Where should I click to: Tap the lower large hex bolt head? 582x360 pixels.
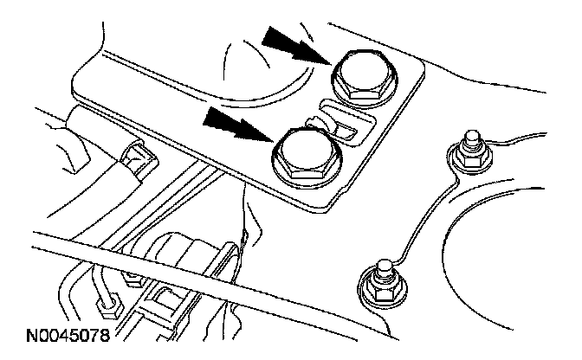[304, 153]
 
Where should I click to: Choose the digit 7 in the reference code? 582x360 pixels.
[89, 332]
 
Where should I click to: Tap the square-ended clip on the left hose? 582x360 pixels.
[136, 157]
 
